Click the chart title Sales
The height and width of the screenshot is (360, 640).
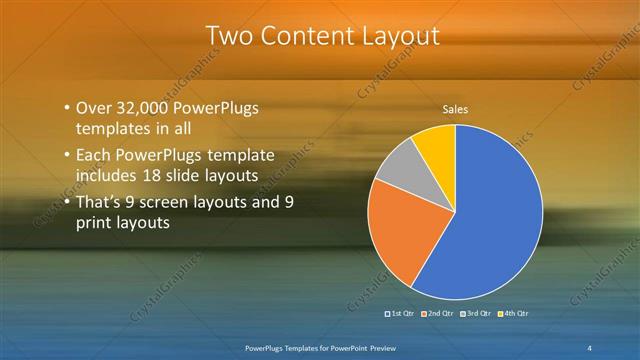coord(455,110)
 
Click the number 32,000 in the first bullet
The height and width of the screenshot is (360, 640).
coord(145,108)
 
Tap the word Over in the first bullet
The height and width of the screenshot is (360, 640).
coord(94,108)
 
